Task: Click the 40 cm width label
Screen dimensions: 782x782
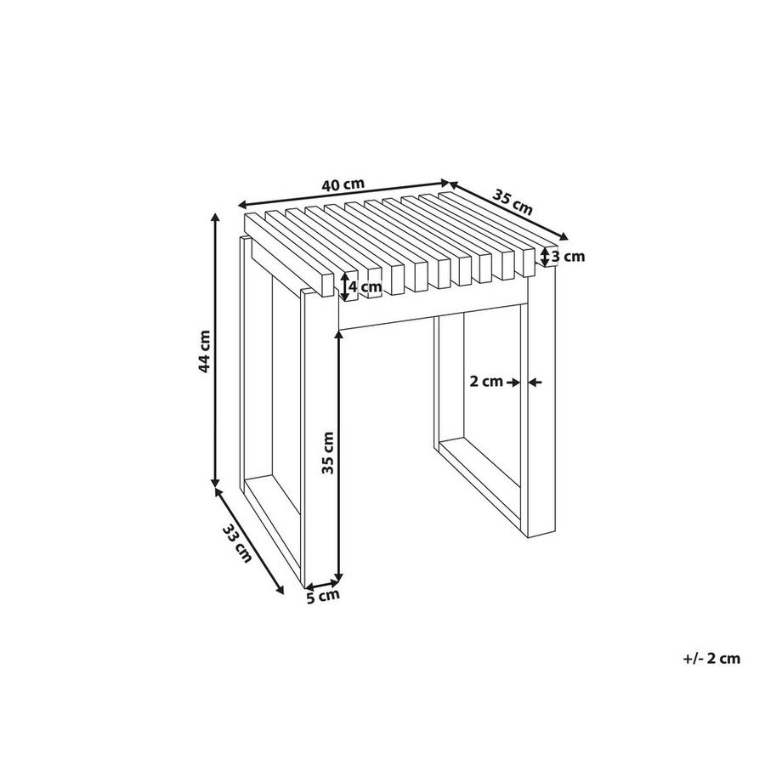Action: [x=343, y=184]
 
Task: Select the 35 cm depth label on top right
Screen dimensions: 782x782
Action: [x=513, y=201]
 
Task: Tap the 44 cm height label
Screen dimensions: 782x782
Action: [x=205, y=350]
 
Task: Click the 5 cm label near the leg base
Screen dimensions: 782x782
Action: [x=323, y=596]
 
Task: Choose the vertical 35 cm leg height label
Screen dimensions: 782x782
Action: [x=327, y=452]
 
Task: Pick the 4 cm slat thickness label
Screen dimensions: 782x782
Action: [x=365, y=287]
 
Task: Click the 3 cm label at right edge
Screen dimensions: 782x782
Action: [x=568, y=257]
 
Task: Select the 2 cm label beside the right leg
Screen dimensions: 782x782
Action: [x=487, y=382]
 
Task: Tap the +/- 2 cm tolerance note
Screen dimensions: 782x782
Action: [x=711, y=658]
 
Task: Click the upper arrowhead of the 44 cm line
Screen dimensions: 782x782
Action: [x=215, y=216]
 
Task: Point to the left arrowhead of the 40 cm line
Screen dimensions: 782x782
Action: [x=242, y=205]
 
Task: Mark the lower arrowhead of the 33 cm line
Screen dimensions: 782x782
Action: [x=280, y=590]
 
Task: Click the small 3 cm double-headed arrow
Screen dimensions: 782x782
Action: [x=545, y=257]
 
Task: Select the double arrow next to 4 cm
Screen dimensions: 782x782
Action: [x=344, y=286]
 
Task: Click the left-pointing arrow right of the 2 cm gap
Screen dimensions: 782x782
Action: [x=535, y=382]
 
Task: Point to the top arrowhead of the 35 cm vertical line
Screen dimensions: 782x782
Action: [x=339, y=335]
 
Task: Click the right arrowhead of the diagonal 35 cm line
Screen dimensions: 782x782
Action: [x=564, y=237]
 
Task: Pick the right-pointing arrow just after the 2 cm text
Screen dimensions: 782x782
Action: [x=513, y=382]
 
